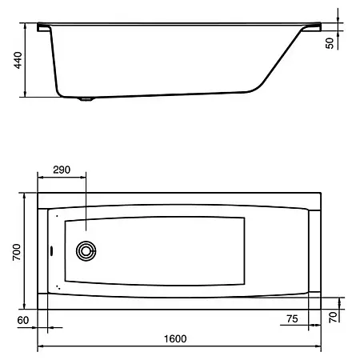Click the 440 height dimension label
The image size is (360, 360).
[18, 60]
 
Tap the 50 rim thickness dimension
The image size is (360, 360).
[330, 43]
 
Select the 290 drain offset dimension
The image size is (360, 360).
[62, 170]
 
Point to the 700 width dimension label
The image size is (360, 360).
[17, 252]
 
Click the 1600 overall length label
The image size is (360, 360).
[175, 338]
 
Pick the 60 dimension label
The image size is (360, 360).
[23, 320]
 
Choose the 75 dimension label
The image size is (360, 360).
[292, 318]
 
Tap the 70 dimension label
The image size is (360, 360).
[333, 318]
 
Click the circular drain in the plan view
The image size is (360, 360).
[86, 251]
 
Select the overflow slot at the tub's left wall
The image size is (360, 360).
[51, 251]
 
